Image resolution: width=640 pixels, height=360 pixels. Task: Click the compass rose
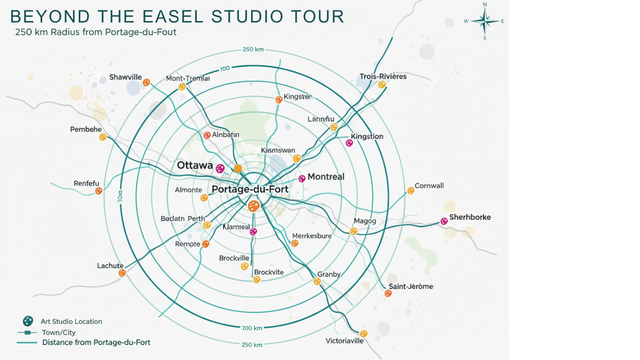click(485, 21)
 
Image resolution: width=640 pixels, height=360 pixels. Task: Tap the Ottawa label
click(195, 166)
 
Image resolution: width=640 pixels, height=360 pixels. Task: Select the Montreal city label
click(326, 177)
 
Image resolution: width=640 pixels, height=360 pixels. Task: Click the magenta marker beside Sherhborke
click(444, 221)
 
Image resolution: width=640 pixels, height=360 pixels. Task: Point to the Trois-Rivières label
click(383, 76)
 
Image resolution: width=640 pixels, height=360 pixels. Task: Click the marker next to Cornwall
click(411, 190)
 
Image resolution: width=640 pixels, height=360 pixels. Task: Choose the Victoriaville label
click(344, 341)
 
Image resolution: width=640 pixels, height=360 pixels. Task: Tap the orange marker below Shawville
click(147, 82)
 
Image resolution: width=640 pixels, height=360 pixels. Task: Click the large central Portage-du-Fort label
click(250, 189)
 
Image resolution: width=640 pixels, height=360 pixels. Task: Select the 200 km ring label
click(252, 328)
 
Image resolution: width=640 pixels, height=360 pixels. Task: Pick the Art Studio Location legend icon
click(28, 321)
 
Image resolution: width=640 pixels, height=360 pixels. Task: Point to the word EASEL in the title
click(173, 16)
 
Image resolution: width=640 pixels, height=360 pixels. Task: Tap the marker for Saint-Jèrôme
click(388, 293)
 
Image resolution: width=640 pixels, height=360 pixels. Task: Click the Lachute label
click(110, 266)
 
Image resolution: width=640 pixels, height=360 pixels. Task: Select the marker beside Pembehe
click(103, 137)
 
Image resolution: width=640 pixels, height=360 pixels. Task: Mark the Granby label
click(328, 274)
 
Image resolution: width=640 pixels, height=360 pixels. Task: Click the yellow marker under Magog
click(354, 231)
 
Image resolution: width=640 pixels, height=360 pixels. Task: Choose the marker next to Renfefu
click(99, 191)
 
